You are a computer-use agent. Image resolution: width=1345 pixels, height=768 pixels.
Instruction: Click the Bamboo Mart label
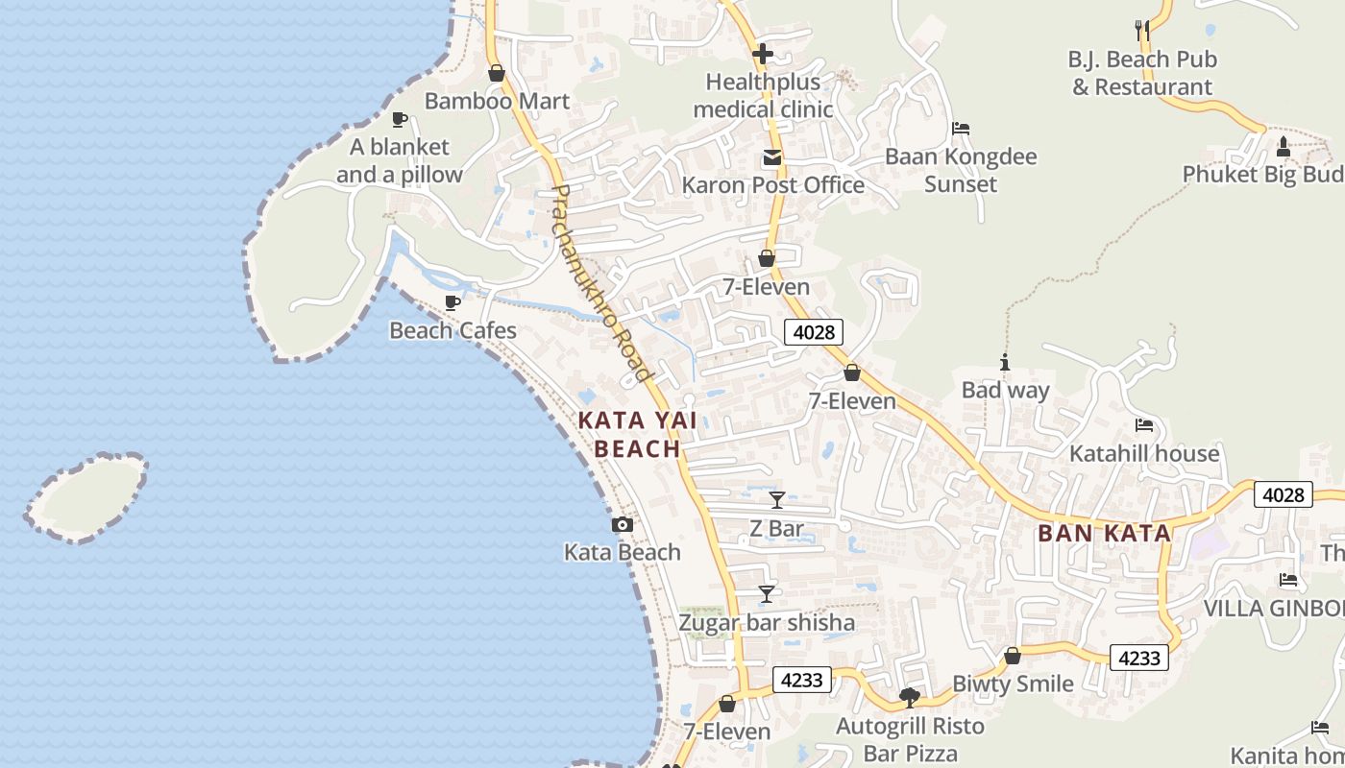[497, 101]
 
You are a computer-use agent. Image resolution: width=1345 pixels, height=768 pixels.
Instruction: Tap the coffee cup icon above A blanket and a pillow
[400, 120]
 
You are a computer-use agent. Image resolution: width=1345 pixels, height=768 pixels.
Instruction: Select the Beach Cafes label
[452, 330]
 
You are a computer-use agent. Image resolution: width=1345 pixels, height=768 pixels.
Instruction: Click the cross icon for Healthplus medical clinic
[763, 54]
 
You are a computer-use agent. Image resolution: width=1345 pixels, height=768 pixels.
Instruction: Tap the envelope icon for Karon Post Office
[772, 157]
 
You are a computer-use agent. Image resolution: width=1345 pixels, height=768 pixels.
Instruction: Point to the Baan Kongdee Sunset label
[961, 170]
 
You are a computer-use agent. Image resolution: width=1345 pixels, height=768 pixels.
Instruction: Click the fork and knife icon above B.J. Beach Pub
[1142, 30]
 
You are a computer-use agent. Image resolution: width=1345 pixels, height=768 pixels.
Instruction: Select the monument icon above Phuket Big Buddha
[1284, 147]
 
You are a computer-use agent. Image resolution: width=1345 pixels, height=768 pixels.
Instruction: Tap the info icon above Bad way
[1005, 363]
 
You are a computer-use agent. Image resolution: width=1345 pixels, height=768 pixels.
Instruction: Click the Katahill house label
[1144, 453]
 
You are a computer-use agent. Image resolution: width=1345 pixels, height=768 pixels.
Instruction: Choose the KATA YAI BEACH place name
[638, 434]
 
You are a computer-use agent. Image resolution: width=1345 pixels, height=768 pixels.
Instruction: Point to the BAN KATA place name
[1105, 534]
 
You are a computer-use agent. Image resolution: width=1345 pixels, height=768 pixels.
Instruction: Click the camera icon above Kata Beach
[623, 525]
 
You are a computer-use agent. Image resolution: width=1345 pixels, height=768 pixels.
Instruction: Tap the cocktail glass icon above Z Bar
[777, 500]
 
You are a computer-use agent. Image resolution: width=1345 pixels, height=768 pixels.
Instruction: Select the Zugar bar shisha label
[767, 622]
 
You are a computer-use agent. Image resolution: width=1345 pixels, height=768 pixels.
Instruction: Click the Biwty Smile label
[1013, 684]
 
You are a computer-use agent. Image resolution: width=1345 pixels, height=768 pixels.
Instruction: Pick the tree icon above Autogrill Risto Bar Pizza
[910, 697]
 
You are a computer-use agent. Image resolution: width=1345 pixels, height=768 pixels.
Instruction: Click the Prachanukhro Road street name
[601, 284]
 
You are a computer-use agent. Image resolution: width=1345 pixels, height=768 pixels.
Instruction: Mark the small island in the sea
[86, 497]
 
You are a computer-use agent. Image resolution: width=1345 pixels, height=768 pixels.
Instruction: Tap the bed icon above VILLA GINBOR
[1288, 580]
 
